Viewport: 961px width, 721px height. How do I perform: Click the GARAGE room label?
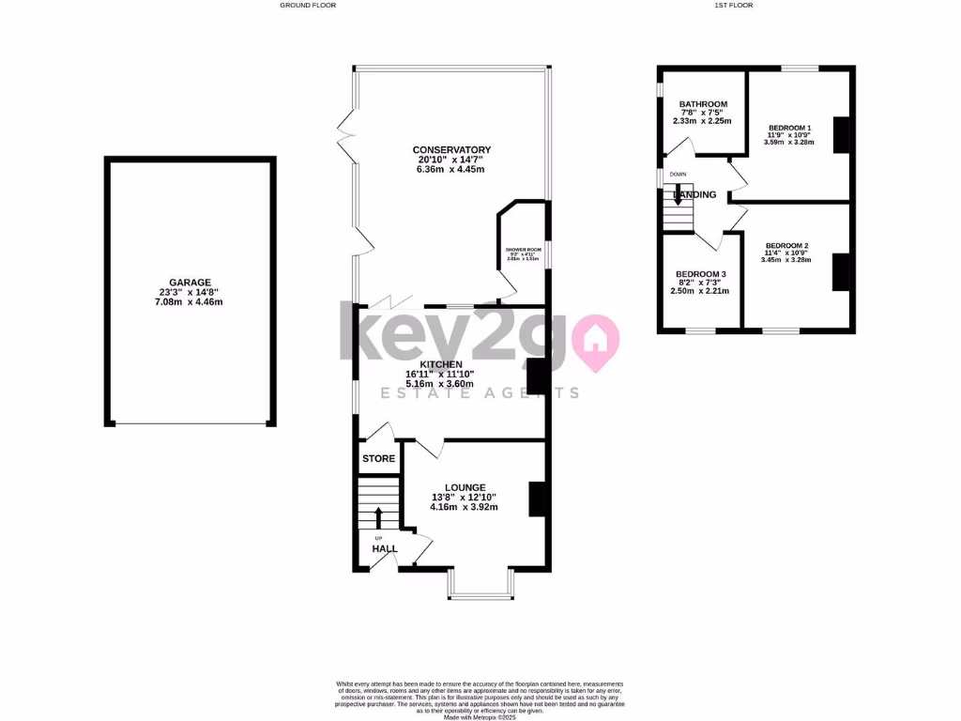tap(190, 282)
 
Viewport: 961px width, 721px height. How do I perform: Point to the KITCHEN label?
tap(441, 364)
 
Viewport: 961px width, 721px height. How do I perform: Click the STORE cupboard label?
tap(378, 459)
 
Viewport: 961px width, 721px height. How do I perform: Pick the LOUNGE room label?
tap(465, 487)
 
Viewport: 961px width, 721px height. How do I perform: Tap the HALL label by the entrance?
tap(385, 548)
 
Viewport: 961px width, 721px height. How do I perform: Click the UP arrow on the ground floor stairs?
tap(379, 517)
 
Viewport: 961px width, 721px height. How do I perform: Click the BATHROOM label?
tap(704, 104)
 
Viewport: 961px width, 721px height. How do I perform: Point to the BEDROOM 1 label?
tap(789, 128)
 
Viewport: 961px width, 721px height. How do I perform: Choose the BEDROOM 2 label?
tap(786, 246)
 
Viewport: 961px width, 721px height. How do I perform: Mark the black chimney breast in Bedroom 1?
tap(841, 135)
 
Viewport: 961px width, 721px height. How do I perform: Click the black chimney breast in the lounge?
tap(538, 499)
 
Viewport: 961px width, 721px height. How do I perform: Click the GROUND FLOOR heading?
tap(308, 6)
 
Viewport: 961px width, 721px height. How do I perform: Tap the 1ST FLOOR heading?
tap(733, 6)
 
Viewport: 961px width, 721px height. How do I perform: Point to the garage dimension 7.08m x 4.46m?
tap(190, 302)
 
